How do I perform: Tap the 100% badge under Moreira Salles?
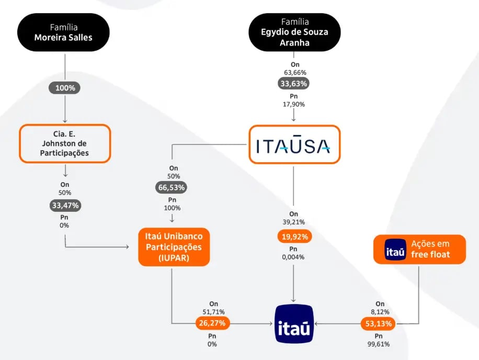coord(65,88)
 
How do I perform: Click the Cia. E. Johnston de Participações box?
coord(65,143)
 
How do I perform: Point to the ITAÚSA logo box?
coord(293,144)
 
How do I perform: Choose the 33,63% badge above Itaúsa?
coord(293,83)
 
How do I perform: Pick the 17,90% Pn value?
coord(293,104)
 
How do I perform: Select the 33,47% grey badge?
coord(65,206)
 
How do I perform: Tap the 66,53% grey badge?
coord(172,187)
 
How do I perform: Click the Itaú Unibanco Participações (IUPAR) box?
coord(174,246)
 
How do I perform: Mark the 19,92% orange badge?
coord(293,237)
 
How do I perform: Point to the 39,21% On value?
coord(293,222)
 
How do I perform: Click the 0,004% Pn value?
coord(293,256)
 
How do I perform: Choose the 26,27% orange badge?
coord(212,323)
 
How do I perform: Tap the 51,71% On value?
coord(213,312)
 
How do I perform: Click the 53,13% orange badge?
coord(378,324)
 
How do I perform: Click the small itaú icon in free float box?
coord(395,250)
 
